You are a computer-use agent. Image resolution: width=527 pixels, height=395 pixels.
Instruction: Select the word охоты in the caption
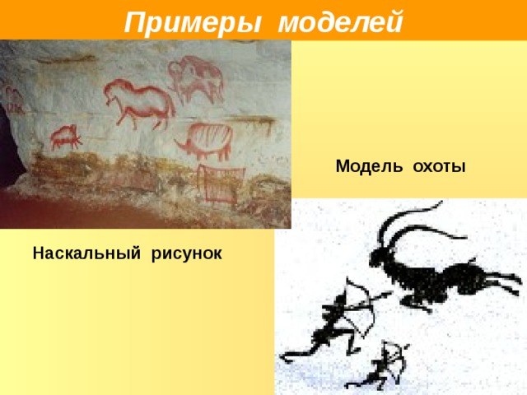tap(439, 167)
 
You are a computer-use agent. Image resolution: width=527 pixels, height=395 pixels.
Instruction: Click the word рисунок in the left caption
tap(186, 253)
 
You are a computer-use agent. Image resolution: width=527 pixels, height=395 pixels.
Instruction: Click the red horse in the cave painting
tap(140, 101)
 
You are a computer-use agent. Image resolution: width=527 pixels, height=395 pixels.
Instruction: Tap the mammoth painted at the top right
tap(196, 78)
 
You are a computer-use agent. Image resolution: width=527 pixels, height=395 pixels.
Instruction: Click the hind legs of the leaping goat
tap(502, 284)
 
